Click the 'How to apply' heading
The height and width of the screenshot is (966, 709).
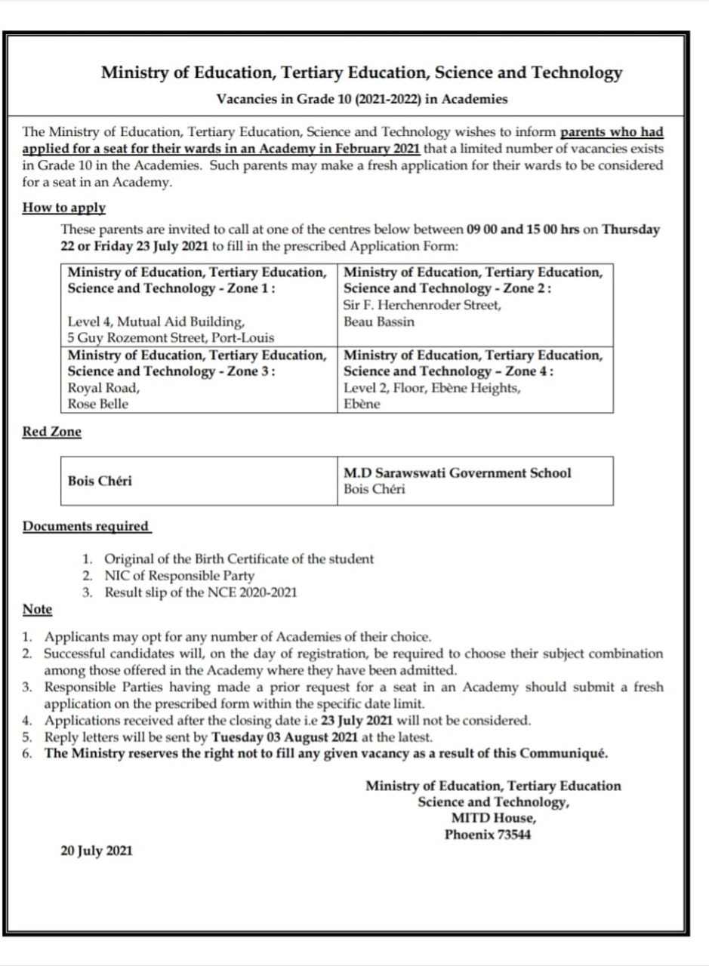click(x=63, y=208)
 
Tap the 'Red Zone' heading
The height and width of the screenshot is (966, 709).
click(x=51, y=432)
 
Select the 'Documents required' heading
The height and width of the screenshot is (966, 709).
click(x=86, y=526)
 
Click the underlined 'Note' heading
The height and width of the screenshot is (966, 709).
click(x=37, y=609)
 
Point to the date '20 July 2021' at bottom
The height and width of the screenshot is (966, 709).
click(x=96, y=851)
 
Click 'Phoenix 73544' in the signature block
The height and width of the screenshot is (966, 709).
click(x=487, y=835)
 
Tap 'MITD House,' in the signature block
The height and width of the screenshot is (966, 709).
click(x=494, y=818)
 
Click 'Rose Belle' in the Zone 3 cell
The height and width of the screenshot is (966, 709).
click(x=98, y=404)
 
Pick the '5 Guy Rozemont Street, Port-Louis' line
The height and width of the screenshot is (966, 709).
click(x=171, y=337)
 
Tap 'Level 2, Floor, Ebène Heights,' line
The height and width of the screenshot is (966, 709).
click(x=432, y=387)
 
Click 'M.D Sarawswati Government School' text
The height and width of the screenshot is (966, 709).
click(x=457, y=473)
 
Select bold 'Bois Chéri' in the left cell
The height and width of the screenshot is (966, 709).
click(x=100, y=481)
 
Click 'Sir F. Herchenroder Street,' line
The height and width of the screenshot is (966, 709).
click(x=422, y=305)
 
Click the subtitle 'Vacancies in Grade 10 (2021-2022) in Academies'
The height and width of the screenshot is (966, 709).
click(x=362, y=99)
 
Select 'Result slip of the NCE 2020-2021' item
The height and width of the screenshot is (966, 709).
click(x=200, y=592)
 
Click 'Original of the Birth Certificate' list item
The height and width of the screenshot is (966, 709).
click(x=239, y=559)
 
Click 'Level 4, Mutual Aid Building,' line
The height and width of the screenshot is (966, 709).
click(x=156, y=321)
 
